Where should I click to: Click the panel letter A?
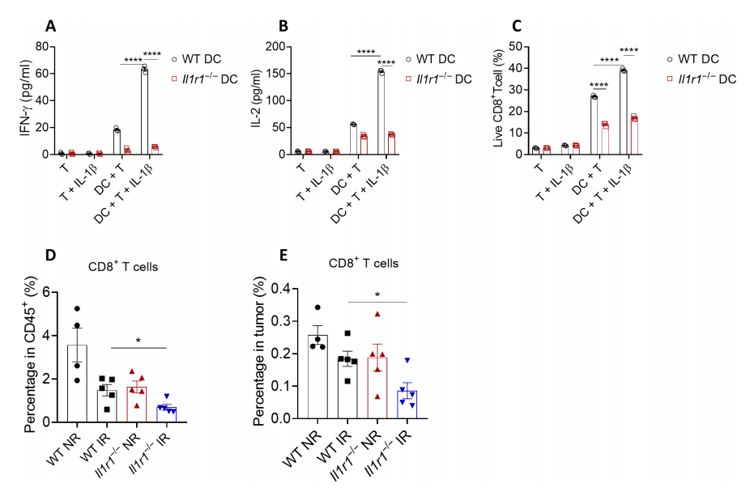pyautogui.click(x=50, y=26)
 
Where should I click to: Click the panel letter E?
pyautogui.click(x=283, y=256)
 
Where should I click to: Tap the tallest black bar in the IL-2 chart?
pyautogui.click(x=381, y=113)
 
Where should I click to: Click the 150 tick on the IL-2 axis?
pyautogui.click(x=276, y=74)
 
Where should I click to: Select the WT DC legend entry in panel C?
pyautogui.click(x=693, y=59)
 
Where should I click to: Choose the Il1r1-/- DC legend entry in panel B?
pyautogui.click(x=439, y=78)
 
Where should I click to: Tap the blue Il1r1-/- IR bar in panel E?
pyautogui.click(x=407, y=405)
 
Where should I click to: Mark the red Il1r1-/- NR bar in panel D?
pyautogui.click(x=136, y=405)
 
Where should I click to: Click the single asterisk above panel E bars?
pyautogui.click(x=377, y=295)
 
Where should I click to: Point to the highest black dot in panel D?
pyautogui.click(x=77, y=309)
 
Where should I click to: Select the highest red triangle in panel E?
pyautogui.click(x=377, y=314)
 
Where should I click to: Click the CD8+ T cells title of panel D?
pyautogui.click(x=123, y=266)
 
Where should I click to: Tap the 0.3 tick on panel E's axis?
pyautogui.click(x=281, y=321)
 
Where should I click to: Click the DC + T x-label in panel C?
pyautogui.click(x=587, y=179)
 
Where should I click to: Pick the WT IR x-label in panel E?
pyautogui.click(x=335, y=447)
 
